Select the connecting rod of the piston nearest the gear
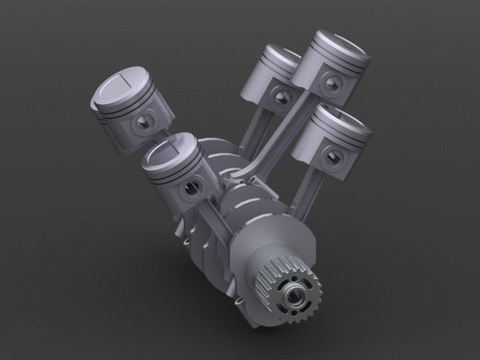click(x=214, y=217)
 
